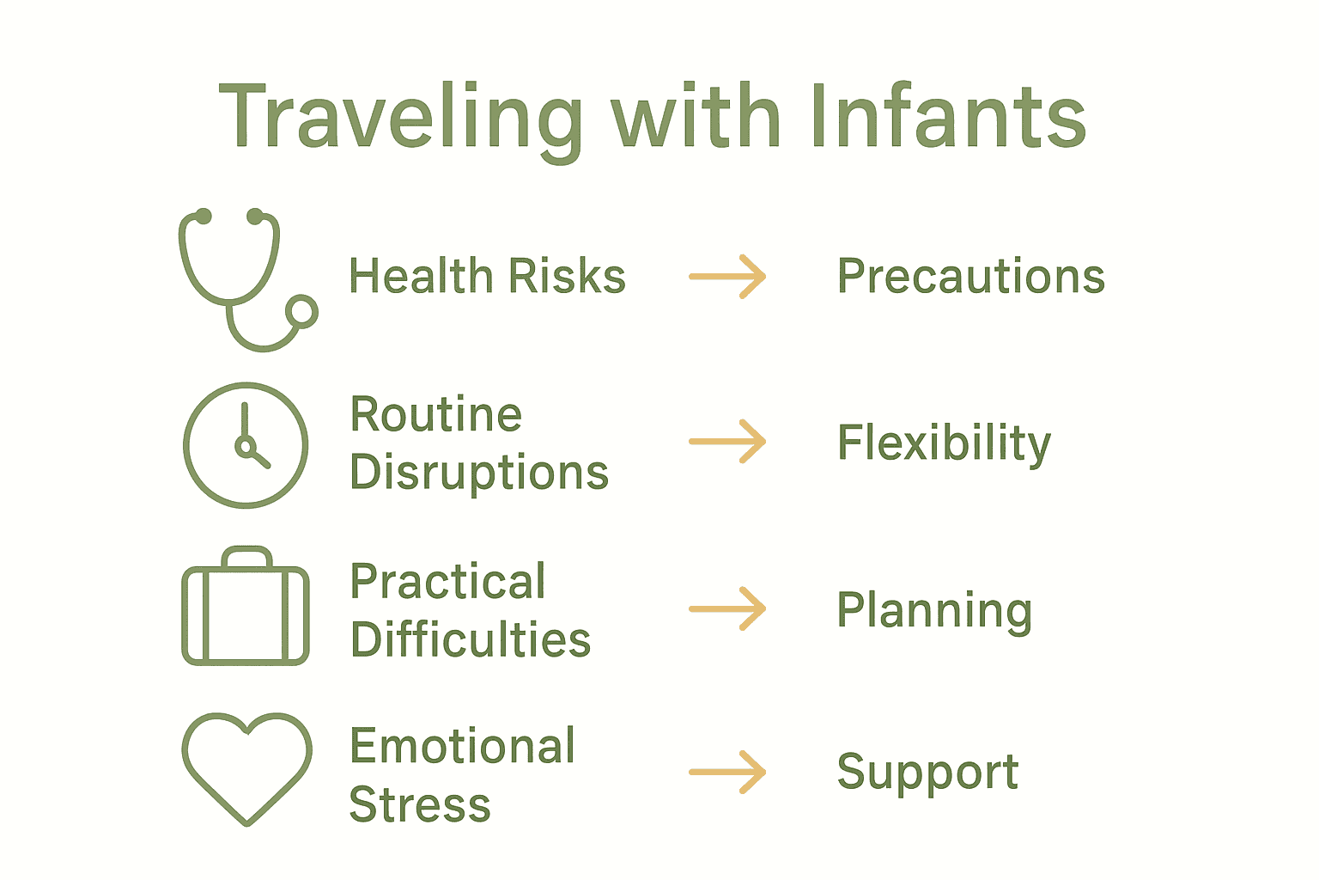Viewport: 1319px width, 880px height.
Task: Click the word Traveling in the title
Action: coord(400,121)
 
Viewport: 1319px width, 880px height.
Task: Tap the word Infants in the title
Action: coord(948,115)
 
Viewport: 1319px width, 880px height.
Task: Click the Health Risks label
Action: coord(487,275)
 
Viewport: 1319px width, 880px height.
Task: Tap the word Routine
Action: coord(435,413)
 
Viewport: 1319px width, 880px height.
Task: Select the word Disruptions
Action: coord(479,473)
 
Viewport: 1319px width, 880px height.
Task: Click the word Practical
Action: coord(447,581)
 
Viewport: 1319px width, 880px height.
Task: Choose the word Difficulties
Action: coord(471,639)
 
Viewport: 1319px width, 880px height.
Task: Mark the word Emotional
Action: coord(462,746)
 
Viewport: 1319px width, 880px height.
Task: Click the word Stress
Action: coord(420,804)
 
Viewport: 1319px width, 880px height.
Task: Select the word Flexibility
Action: coord(944,443)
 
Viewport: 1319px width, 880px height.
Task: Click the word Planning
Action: coord(934,611)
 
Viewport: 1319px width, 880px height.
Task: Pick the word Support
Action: coord(928,774)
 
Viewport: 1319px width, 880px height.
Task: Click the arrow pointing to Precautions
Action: coord(727,277)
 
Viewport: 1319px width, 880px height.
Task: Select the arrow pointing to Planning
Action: coord(727,609)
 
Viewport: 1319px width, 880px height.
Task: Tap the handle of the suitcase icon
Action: coord(246,550)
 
